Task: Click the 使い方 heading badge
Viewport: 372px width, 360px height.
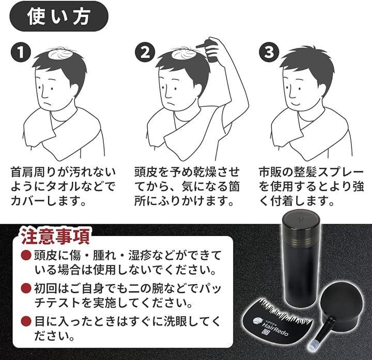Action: [59, 17]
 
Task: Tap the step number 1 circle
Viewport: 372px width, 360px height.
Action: [21, 52]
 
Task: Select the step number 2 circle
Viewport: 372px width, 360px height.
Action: [145, 52]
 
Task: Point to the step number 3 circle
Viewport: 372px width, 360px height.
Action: [269, 52]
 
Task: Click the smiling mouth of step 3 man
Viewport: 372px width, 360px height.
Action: [296, 103]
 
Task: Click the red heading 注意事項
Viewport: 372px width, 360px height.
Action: [55, 236]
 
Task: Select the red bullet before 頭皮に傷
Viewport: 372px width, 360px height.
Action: [26, 255]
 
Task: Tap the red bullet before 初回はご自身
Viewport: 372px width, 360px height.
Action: [26, 288]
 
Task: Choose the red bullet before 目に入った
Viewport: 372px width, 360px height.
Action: [26, 321]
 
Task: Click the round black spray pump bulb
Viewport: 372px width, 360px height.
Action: [342, 302]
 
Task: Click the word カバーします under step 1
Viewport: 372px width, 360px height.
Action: [48, 201]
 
